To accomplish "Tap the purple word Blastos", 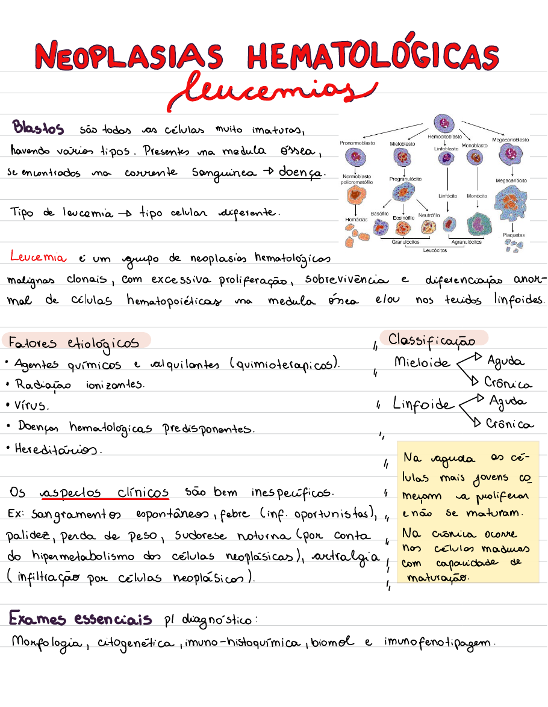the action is (x=38, y=128).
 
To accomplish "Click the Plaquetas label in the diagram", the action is (x=513, y=235).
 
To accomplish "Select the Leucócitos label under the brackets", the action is (x=435, y=250).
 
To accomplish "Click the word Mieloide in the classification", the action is (x=422, y=362).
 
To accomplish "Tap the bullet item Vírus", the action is (x=33, y=406).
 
